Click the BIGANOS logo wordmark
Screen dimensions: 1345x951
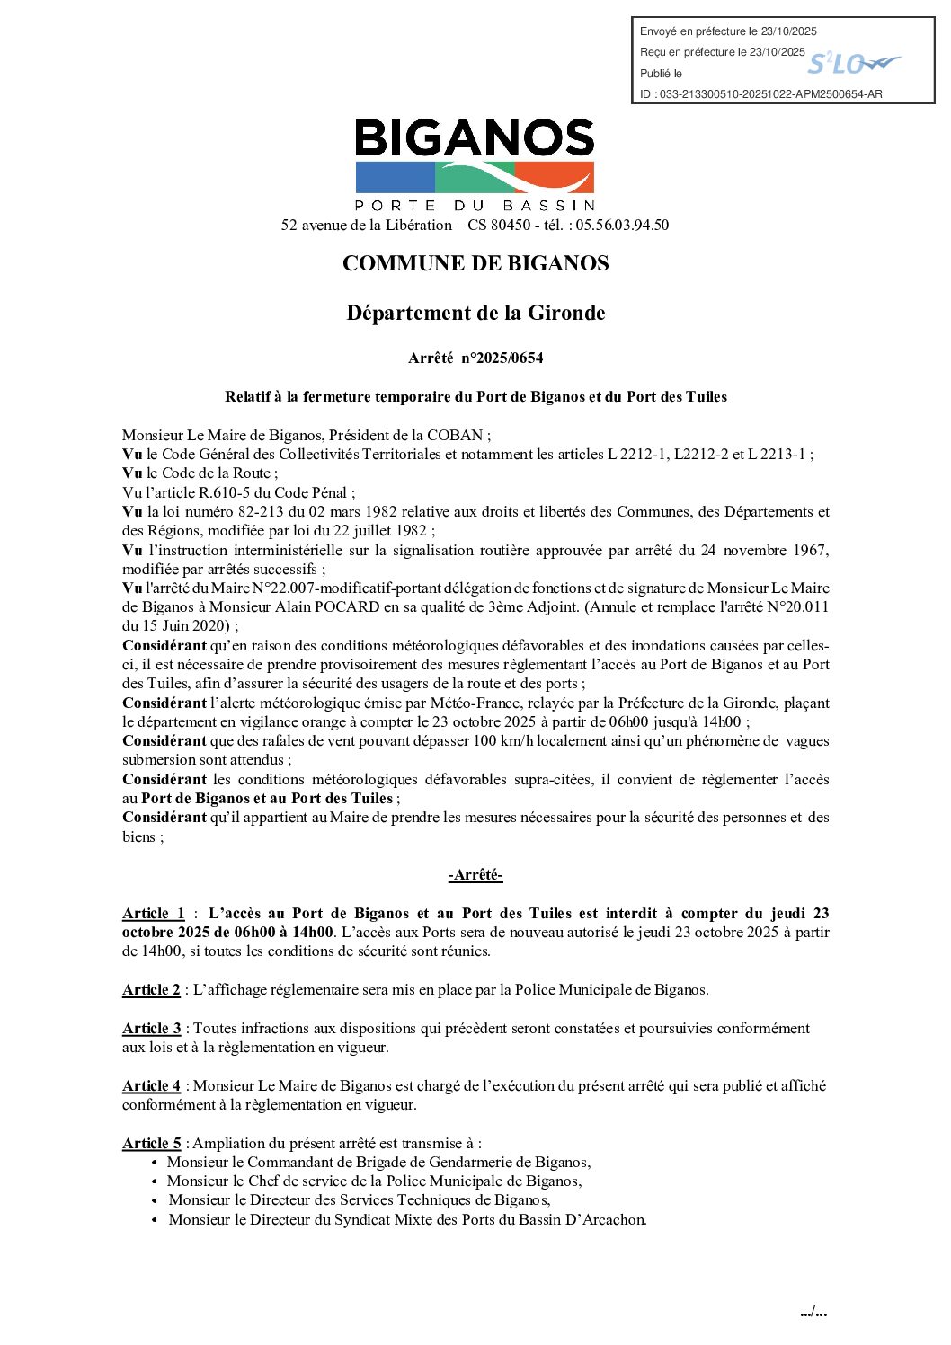475,139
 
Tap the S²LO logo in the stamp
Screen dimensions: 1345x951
852,63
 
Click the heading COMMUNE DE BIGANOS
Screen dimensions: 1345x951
475,263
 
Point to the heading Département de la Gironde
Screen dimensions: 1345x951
475,314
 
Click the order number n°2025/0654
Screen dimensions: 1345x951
502,358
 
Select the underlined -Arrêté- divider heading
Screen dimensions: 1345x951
475,875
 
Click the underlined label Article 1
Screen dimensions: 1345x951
153,914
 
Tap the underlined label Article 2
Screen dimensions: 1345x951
151,990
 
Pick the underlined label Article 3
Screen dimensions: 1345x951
151,1029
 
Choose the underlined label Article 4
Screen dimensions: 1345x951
151,1086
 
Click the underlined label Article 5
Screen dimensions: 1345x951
151,1144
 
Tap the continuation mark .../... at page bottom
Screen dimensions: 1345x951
813,1313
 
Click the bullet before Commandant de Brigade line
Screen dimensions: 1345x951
155,1163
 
